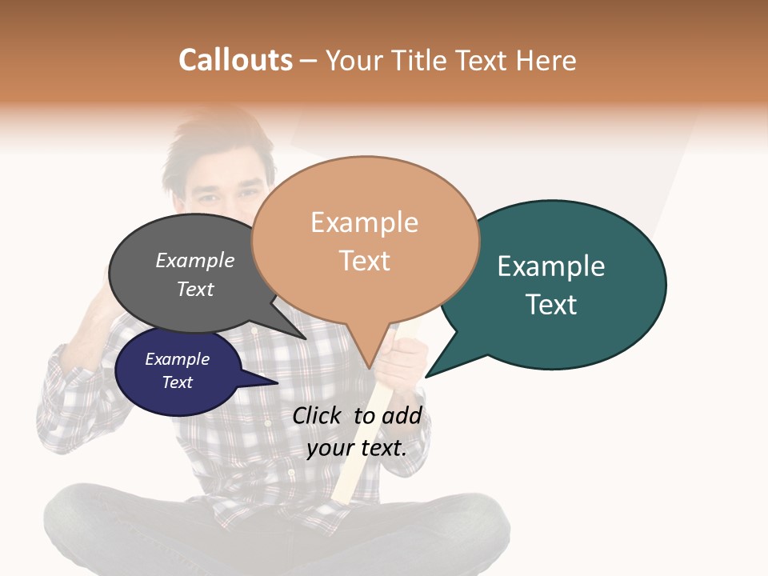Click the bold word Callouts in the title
[x=235, y=60]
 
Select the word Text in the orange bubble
[x=365, y=261]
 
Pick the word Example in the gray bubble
[x=195, y=261]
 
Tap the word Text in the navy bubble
[x=178, y=382]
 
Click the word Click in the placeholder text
[x=319, y=415]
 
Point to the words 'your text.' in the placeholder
[x=357, y=448]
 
